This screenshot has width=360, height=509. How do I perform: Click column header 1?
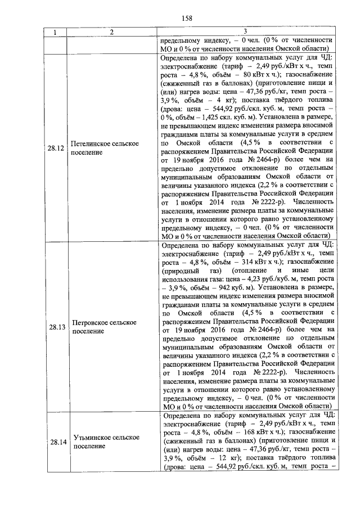coord(55,32)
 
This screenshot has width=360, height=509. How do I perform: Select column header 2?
coord(112,32)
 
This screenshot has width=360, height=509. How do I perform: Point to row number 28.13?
coord(56,326)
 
